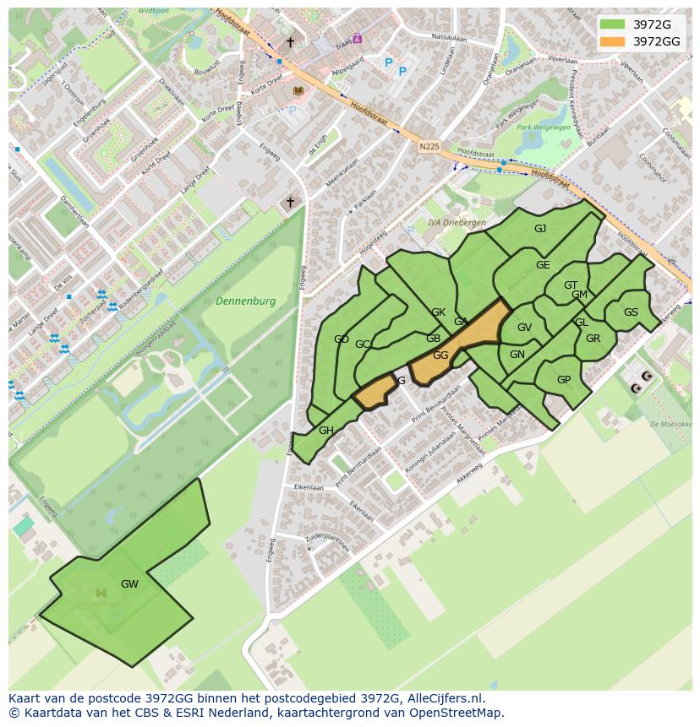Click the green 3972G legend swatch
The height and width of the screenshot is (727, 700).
click(x=612, y=24)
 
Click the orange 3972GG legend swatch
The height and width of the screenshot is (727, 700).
click(x=612, y=41)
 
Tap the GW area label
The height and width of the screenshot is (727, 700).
click(x=129, y=583)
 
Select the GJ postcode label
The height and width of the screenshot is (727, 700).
click(x=540, y=229)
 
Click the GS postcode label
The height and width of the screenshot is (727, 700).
click(x=631, y=312)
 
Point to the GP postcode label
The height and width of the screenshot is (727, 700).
click(x=564, y=380)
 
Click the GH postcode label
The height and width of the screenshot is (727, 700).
click(x=326, y=431)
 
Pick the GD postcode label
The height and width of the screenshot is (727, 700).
click(x=342, y=339)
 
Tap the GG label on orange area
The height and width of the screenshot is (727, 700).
click(x=440, y=355)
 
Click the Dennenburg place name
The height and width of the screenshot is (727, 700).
click(x=246, y=301)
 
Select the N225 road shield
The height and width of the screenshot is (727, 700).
click(x=429, y=146)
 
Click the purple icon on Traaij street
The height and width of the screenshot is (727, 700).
click(x=358, y=38)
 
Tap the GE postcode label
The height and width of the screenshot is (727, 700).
click(x=543, y=264)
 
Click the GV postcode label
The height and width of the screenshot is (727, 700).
click(x=524, y=328)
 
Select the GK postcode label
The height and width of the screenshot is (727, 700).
click(x=438, y=312)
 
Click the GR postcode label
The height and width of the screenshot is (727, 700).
click(x=593, y=339)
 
